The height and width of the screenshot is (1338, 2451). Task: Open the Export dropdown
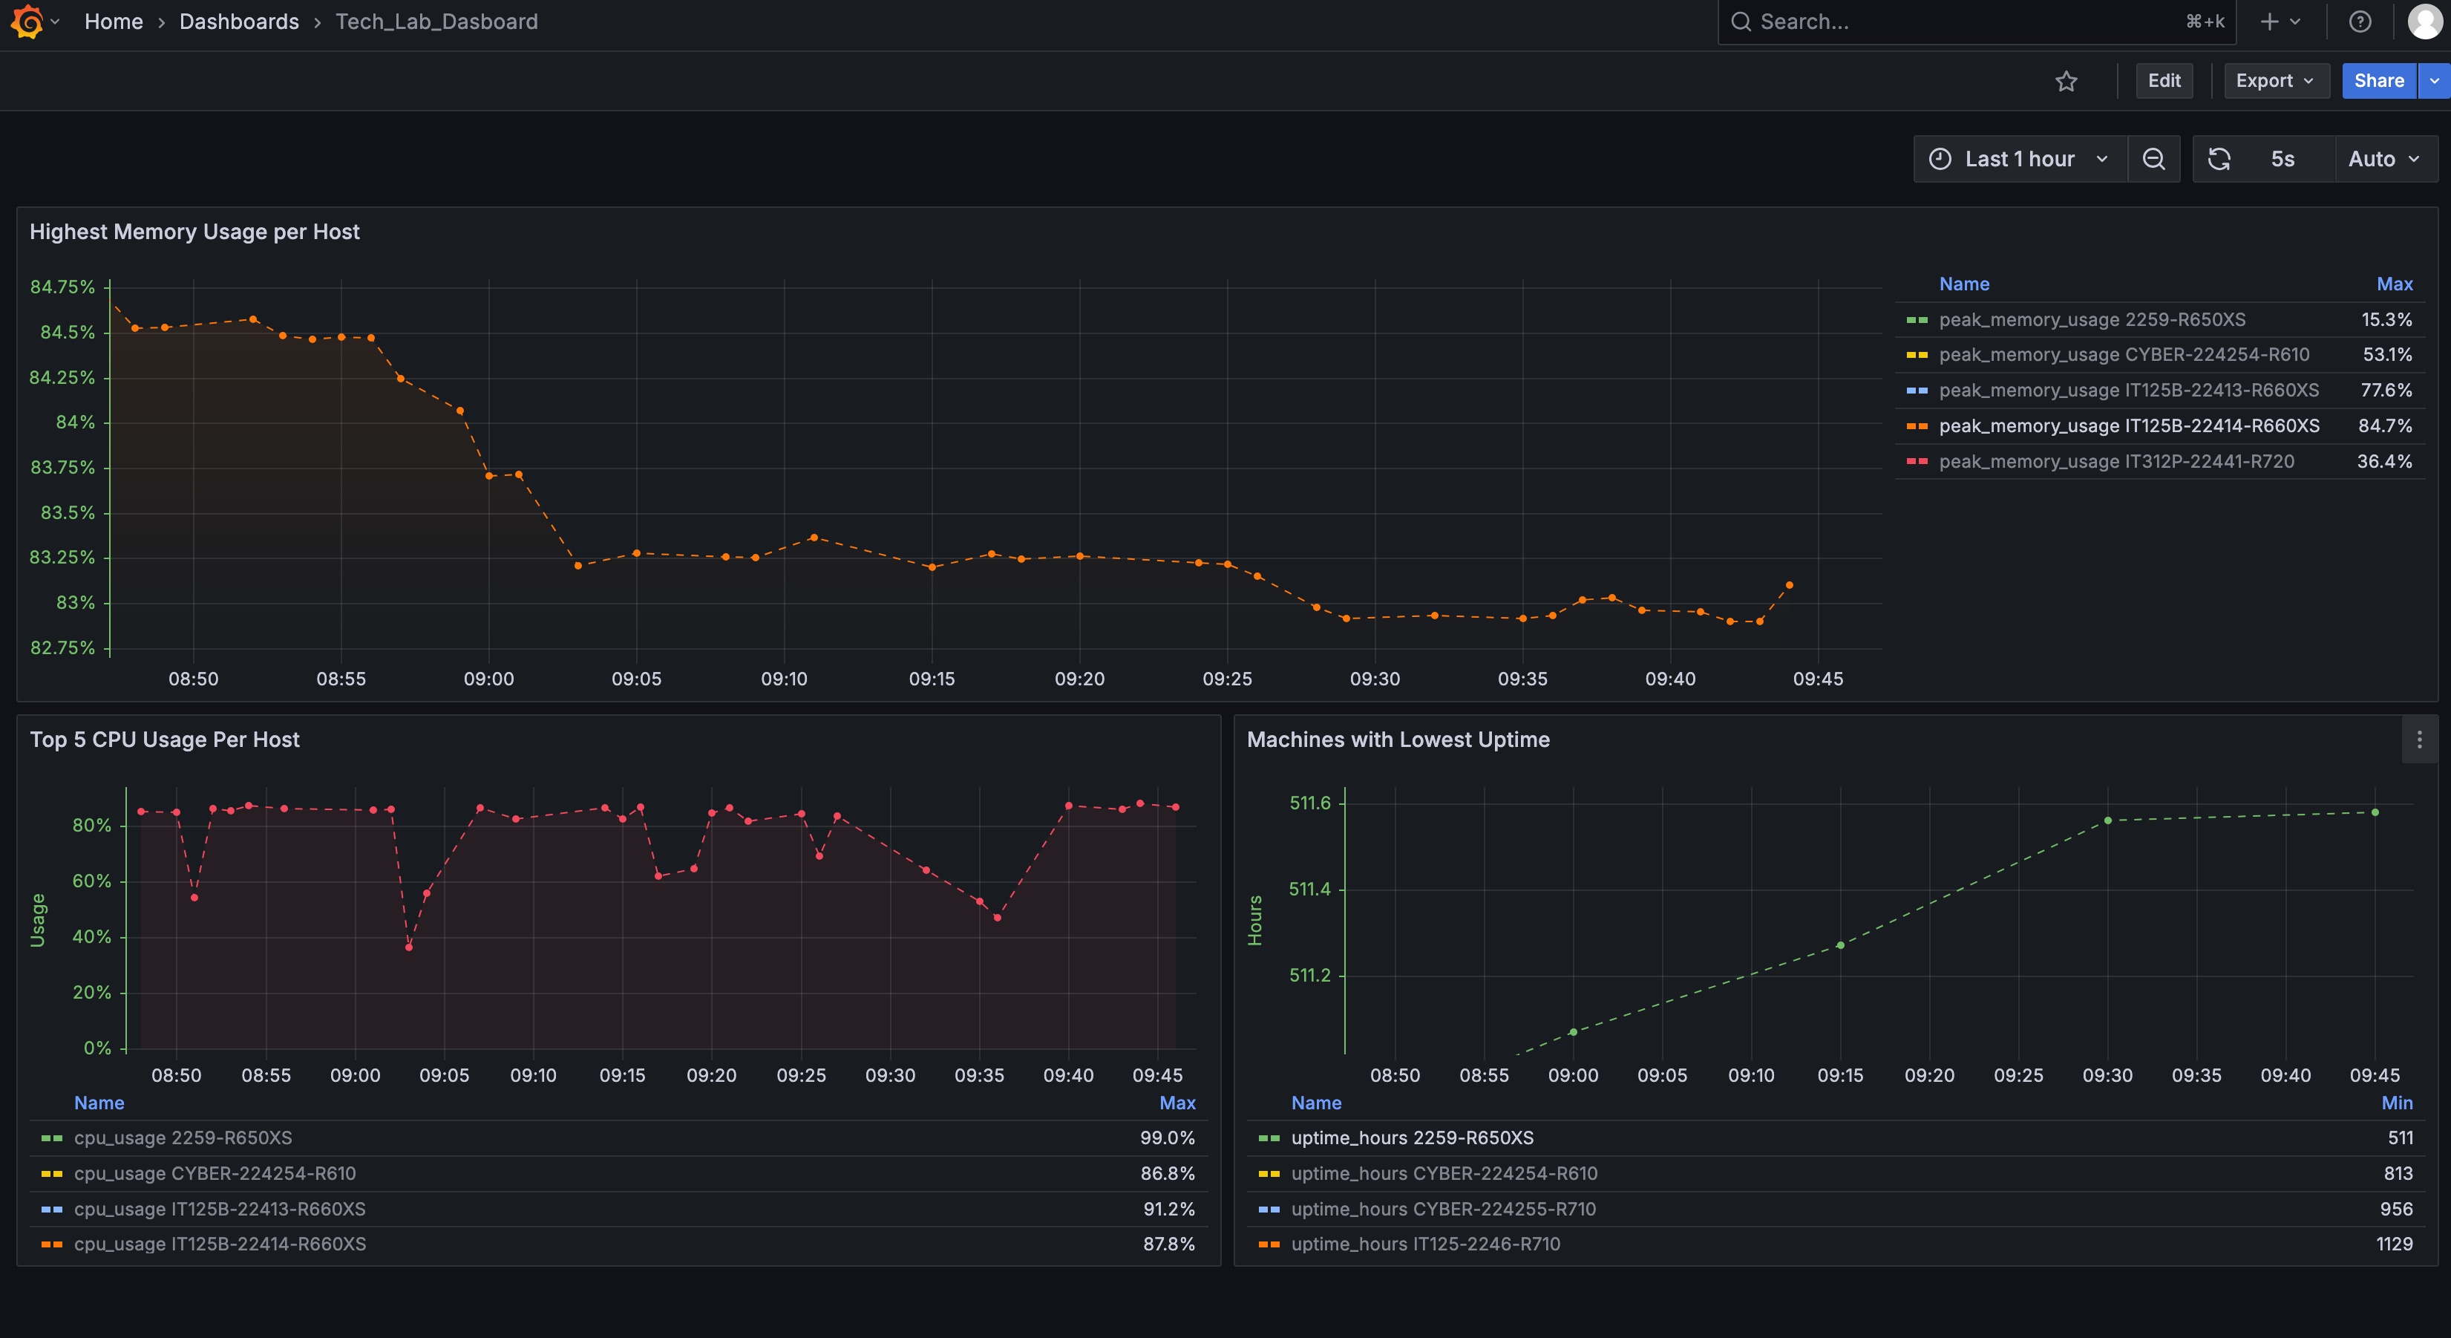pos(2275,81)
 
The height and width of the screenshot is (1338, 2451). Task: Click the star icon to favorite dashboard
pos(2066,82)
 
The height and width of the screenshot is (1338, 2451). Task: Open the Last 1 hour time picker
pos(2019,159)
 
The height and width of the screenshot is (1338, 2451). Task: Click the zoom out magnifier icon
pos(2153,159)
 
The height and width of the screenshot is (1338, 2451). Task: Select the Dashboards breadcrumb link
pos(239,22)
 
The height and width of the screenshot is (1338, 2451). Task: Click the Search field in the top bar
pos(1960,22)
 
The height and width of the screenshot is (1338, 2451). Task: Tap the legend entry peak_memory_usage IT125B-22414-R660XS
pos(2128,426)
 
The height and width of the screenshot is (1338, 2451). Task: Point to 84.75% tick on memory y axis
pos(63,287)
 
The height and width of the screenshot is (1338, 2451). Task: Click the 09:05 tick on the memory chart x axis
pos(635,679)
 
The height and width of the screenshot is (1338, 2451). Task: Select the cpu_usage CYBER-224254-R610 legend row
pos(215,1173)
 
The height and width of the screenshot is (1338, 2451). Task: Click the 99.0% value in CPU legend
pos(1167,1138)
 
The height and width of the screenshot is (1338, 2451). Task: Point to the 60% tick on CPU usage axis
pos(91,881)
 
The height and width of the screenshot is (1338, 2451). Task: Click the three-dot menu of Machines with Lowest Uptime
pos(2418,740)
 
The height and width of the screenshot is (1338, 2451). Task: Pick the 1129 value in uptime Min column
pos(2394,1244)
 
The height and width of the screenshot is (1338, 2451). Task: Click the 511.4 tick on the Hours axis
pos(1309,890)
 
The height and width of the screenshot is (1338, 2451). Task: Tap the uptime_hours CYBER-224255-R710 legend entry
pos(1442,1210)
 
